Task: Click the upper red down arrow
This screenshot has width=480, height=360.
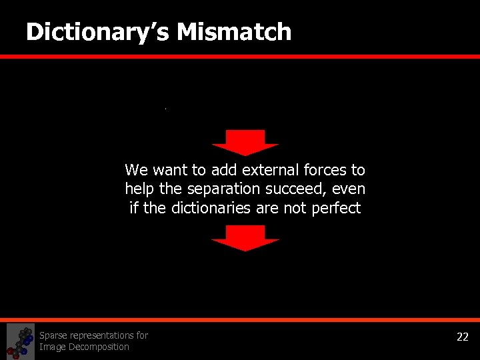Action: (x=245, y=142)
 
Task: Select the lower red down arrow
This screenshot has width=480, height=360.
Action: (x=245, y=237)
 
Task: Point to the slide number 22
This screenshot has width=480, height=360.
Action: (x=462, y=337)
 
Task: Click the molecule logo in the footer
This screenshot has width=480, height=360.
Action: (x=20, y=341)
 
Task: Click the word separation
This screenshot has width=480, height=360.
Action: (x=210, y=189)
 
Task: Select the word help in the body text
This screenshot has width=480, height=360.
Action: (x=138, y=189)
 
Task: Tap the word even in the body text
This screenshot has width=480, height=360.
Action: (x=349, y=189)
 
